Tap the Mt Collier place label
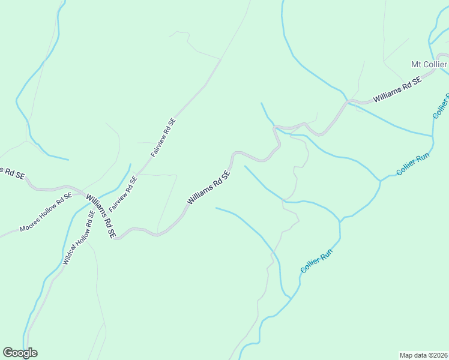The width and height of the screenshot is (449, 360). click(429, 64)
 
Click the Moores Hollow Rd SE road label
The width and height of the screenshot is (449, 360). click(46, 212)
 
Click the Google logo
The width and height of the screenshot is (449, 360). click(20, 353)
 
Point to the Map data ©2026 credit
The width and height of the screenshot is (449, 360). click(423, 355)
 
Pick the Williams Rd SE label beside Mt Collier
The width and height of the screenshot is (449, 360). click(397, 90)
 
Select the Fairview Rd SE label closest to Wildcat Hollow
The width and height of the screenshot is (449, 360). click(123, 194)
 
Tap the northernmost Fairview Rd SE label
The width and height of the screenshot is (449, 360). click(163, 137)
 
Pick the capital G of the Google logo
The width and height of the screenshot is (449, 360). click(8, 353)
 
